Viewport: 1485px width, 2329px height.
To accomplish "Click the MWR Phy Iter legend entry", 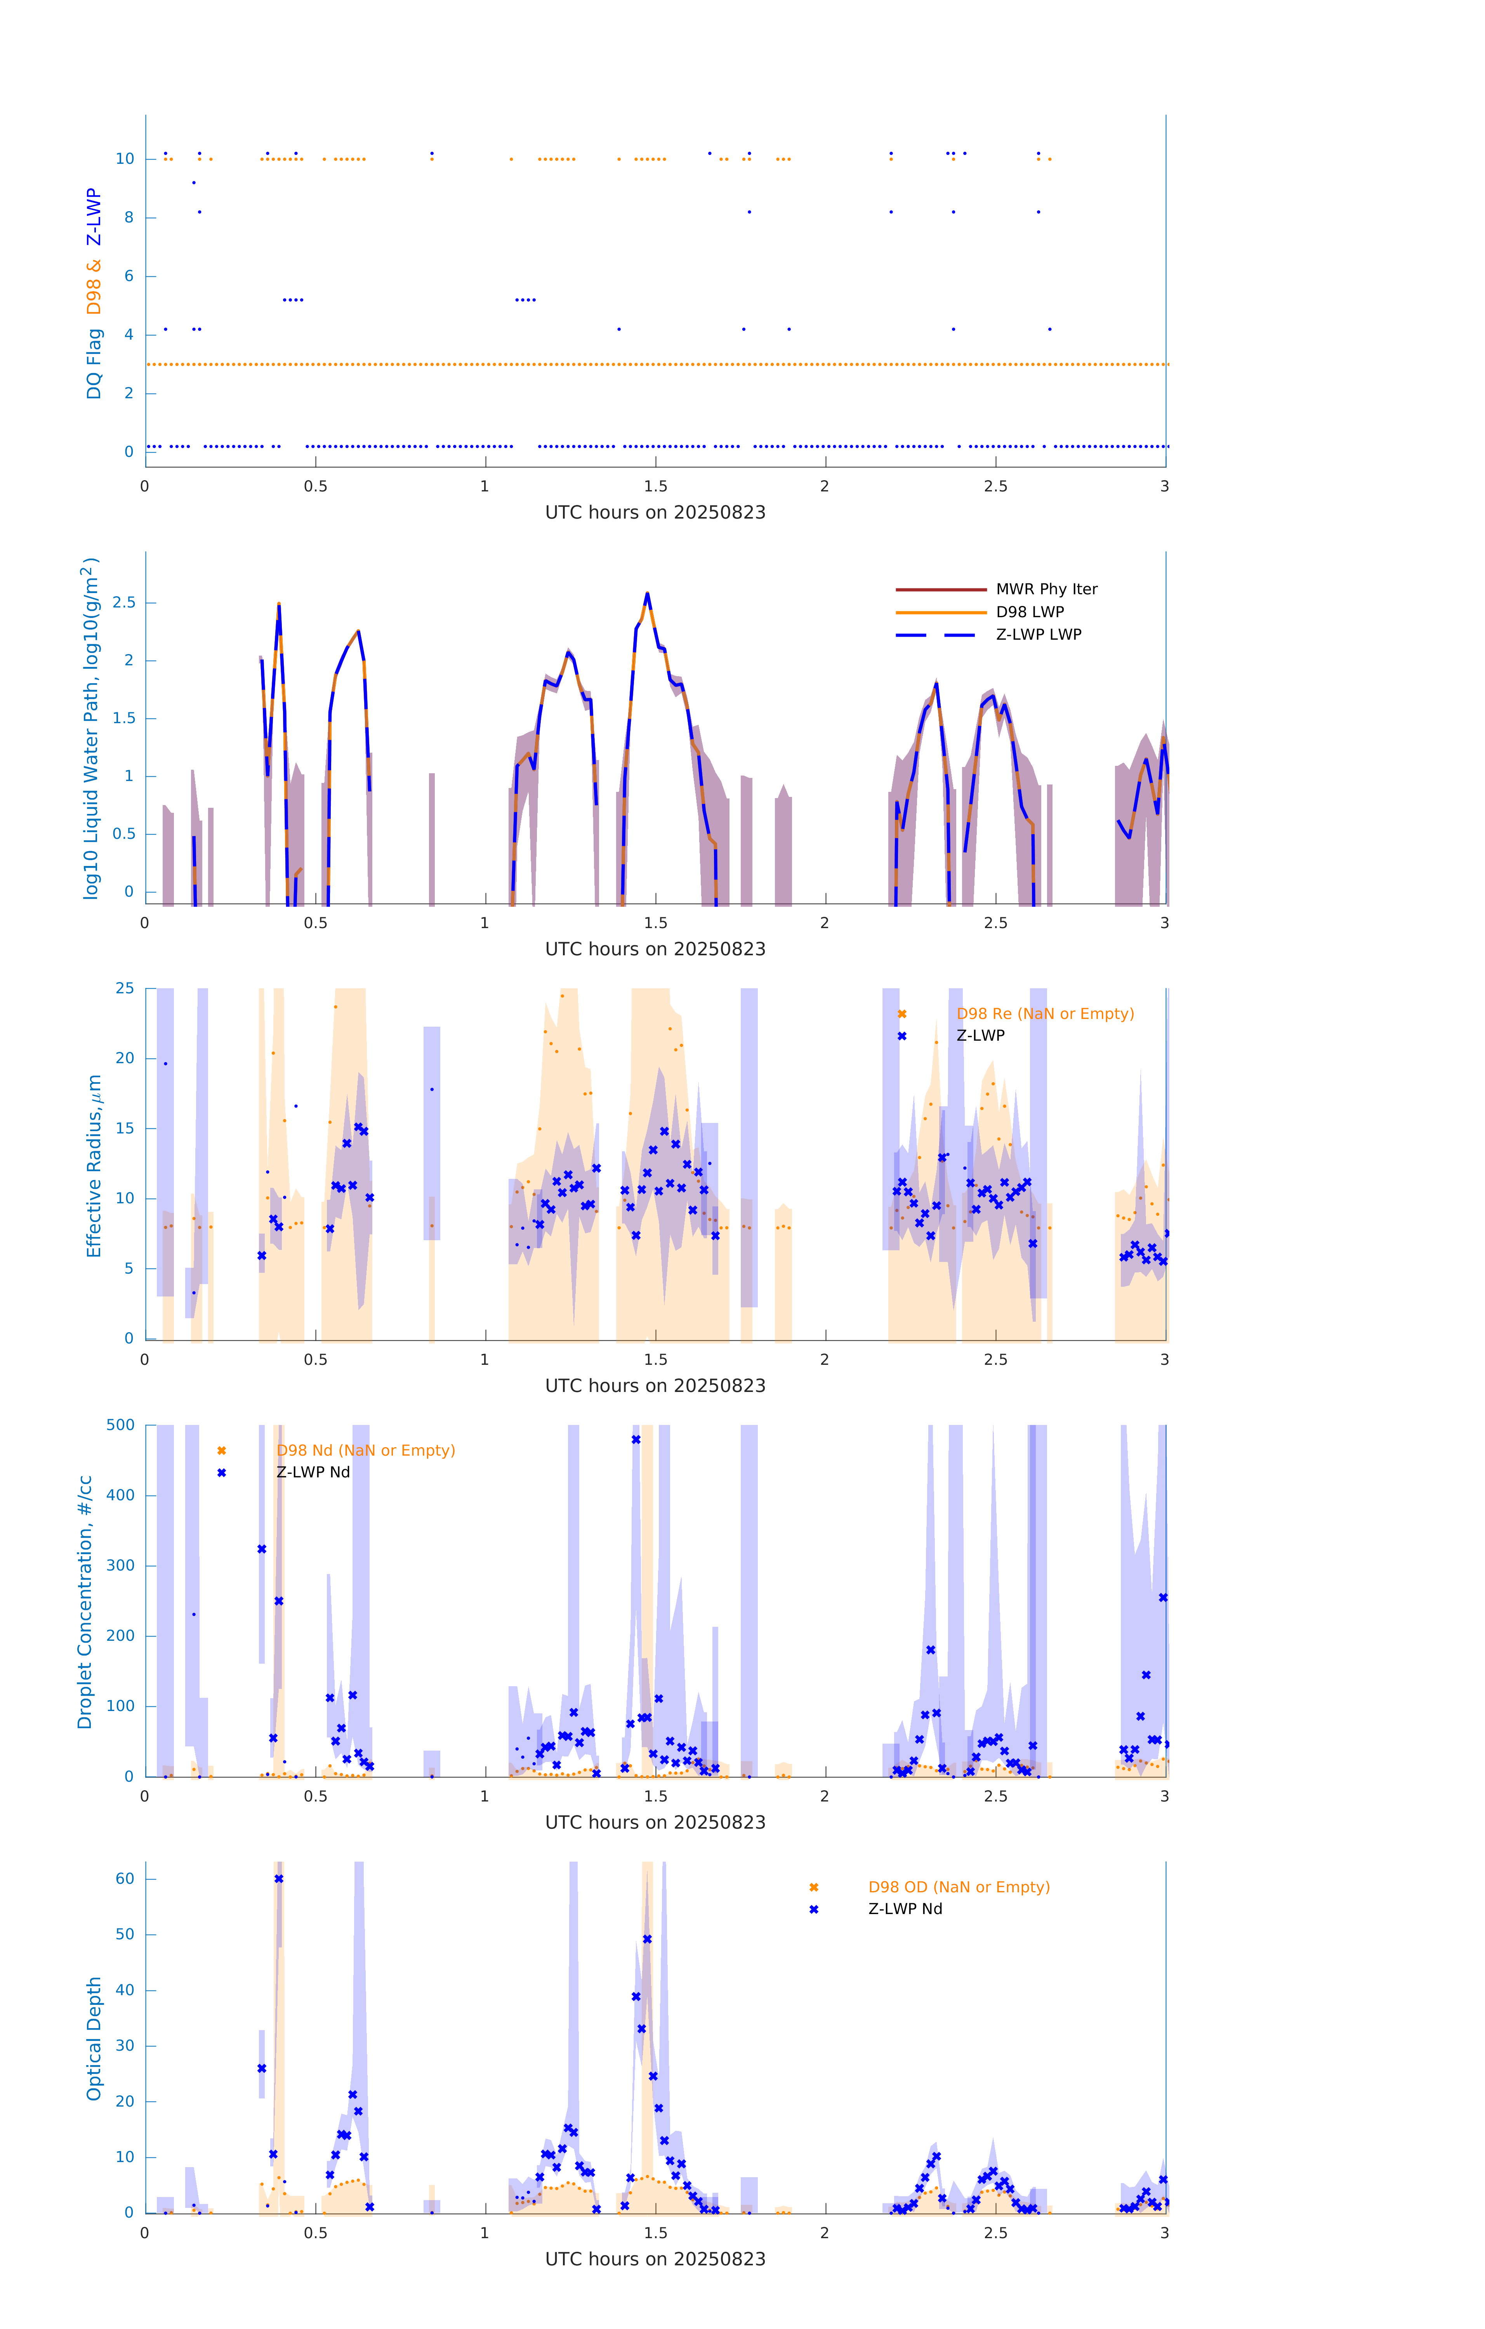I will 1046,589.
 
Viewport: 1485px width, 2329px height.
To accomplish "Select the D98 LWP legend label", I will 1029,612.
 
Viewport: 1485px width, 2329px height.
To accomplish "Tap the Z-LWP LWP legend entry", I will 1038,635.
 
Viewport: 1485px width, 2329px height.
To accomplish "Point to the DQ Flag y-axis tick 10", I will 125,160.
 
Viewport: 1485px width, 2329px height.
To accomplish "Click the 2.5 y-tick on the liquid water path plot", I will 124,602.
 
